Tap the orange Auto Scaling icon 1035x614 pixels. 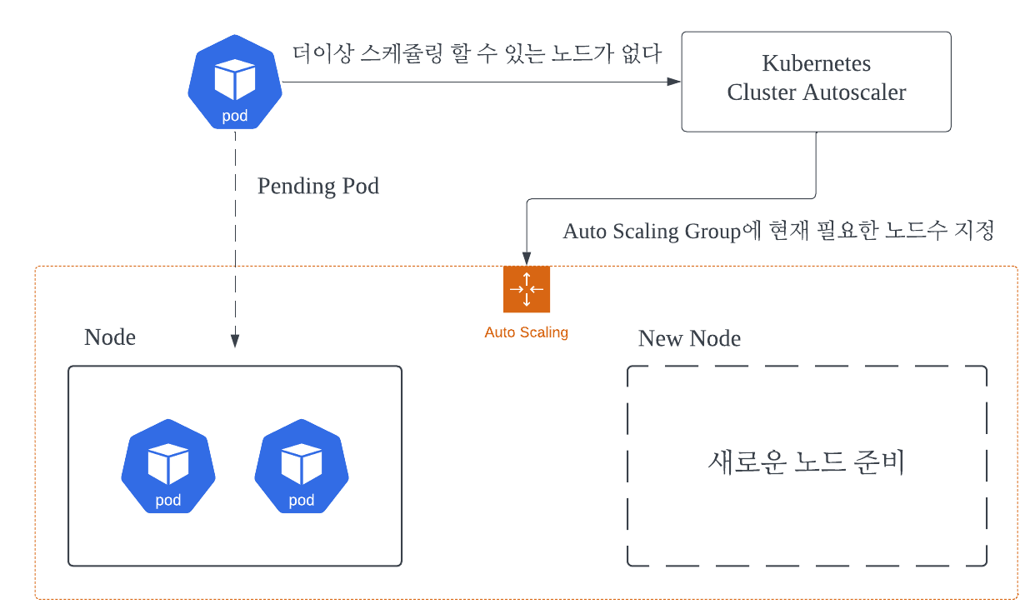pos(527,289)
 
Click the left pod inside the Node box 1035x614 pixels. pos(168,467)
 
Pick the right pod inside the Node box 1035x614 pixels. pos(301,467)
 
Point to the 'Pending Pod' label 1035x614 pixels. pos(317,186)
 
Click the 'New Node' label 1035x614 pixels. pos(689,338)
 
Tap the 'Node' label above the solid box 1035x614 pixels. pos(110,337)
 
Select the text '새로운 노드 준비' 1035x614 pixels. pos(806,463)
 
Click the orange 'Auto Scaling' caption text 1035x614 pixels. pos(526,332)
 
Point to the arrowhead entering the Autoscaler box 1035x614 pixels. pos(675,82)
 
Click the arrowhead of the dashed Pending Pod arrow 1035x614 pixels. pos(235,341)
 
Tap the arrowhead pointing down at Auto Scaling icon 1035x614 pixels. pos(527,258)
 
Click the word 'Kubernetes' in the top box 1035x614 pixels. pos(816,63)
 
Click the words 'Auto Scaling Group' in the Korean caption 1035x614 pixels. pos(652,232)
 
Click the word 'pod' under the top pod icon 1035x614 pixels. pos(234,116)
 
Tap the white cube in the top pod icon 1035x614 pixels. pos(234,79)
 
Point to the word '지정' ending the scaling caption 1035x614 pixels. pos(975,231)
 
